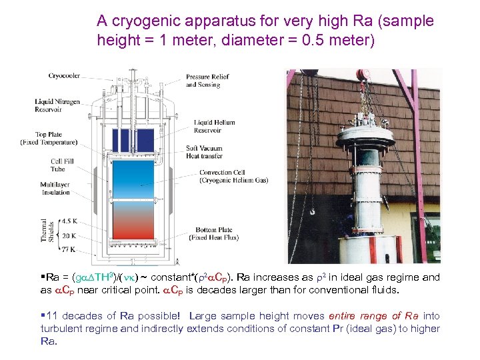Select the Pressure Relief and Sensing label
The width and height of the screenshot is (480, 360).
click(x=207, y=81)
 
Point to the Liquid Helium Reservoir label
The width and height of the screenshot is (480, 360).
click(x=214, y=126)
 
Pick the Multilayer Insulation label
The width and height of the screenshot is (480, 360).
click(x=55, y=188)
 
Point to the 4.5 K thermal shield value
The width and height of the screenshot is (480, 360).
click(x=69, y=221)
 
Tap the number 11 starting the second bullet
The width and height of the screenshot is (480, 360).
click(x=51, y=316)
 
